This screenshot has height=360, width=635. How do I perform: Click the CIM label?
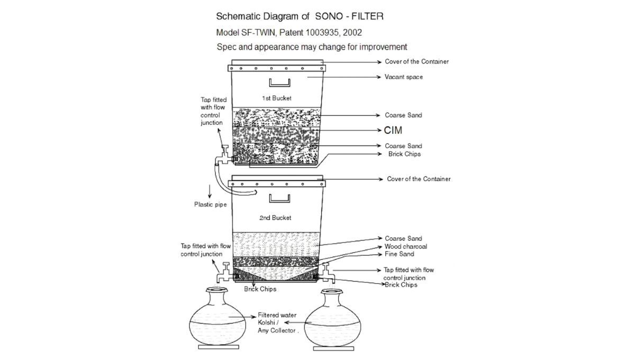click(393, 130)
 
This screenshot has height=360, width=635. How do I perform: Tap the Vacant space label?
click(404, 77)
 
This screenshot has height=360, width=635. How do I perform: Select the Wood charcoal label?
click(405, 246)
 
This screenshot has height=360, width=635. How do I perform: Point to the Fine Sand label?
click(400, 254)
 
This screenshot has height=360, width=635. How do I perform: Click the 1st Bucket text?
click(277, 98)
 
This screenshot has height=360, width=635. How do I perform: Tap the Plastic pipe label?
click(210, 203)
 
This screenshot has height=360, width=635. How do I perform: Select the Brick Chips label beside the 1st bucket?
click(406, 154)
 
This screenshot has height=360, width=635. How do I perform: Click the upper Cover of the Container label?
click(416, 61)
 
